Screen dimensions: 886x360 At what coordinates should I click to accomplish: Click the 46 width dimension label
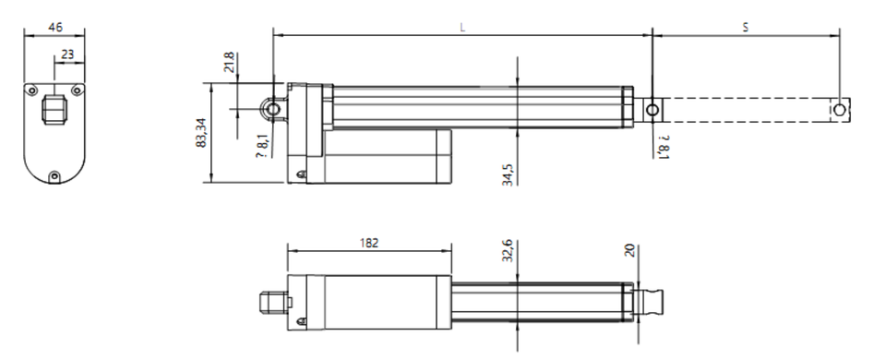(x=55, y=27)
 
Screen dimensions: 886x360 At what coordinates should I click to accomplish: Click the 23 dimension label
(x=67, y=54)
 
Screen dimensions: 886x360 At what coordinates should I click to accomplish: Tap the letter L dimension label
(x=462, y=27)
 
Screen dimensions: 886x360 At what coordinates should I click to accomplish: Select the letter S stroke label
(x=746, y=27)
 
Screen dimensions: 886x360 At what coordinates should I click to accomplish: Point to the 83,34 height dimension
(x=200, y=133)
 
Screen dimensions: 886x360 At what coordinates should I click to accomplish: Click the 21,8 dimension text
(x=229, y=62)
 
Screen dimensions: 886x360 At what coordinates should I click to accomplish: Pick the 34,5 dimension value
(x=507, y=174)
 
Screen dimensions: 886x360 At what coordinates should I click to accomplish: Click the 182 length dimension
(x=369, y=243)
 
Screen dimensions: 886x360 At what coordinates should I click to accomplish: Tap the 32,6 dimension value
(x=507, y=250)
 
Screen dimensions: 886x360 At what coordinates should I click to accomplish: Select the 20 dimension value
(x=630, y=250)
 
